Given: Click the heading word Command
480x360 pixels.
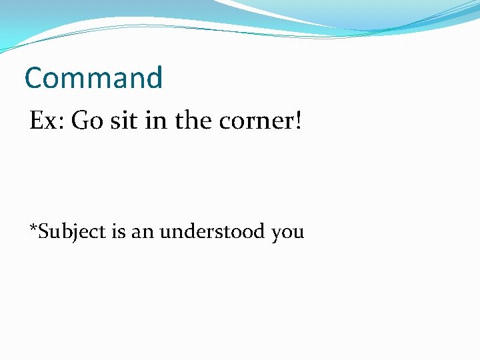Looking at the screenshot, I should coord(93,78).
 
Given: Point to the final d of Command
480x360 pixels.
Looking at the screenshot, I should coord(153,78).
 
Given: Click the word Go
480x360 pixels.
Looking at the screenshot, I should coord(83,121).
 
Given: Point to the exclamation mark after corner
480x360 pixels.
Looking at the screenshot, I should coord(298,121).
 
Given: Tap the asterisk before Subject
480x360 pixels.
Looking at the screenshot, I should coord(32,228).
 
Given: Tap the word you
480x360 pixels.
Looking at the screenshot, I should coord(288,234).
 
